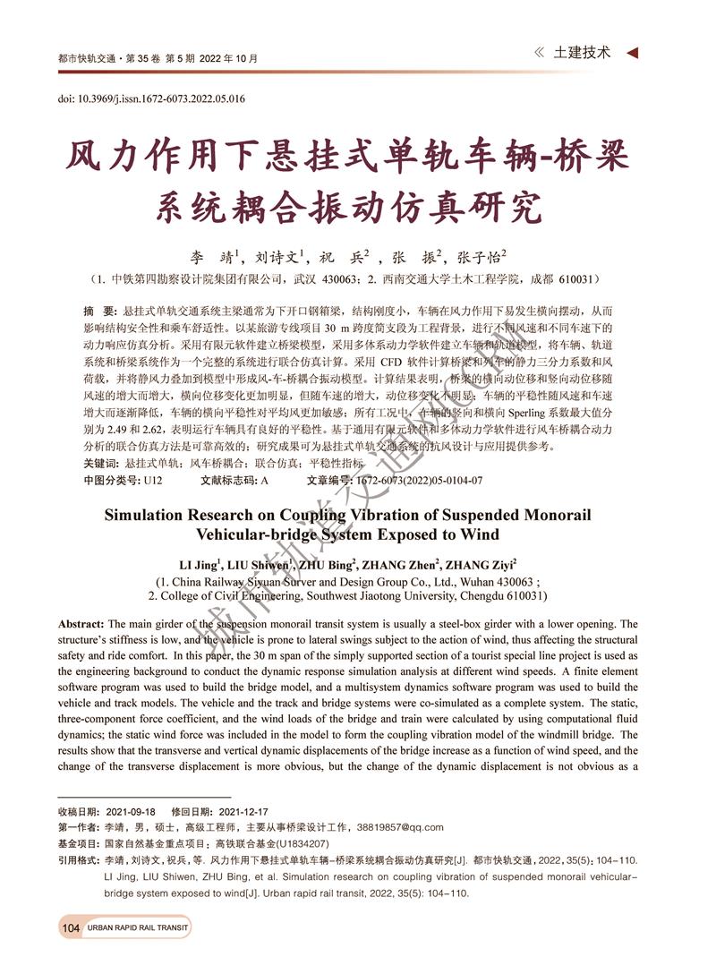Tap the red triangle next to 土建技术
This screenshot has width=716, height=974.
pyautogui.click(x=632, y=54)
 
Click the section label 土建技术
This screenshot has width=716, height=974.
pyautogui.click(x=583, y=53)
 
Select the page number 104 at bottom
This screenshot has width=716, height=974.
pyautogui.click(x=72, y=927)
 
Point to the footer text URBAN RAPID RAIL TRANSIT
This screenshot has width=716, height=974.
pyautogui.click(x=138, y=928)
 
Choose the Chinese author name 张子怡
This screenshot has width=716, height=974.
pyautogui.click(x=482, y=255)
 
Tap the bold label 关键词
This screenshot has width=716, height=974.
pyautogui.click(x=99, y=463)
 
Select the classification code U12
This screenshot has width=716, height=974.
pyautogui.click(x=152, y=480)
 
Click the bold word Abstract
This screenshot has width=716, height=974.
pyautogui.click(x=81, y=624)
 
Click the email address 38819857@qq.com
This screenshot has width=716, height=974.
pyautogui.click(x=397, y=827)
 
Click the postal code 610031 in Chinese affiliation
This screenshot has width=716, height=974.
pyautogui.click(x=581, y=279)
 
